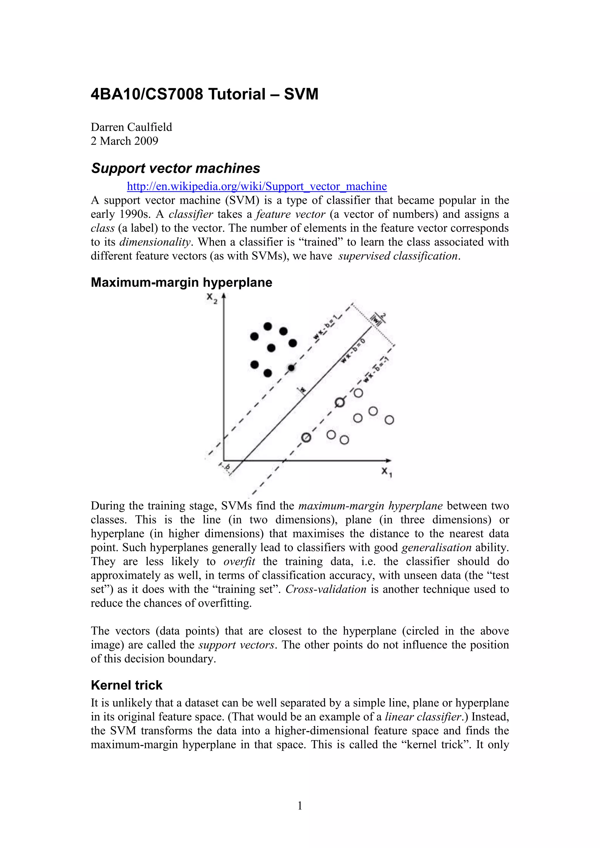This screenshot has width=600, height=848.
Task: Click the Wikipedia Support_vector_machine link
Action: pos(257,186)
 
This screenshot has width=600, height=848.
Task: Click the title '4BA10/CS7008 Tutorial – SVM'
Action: pos(204,94)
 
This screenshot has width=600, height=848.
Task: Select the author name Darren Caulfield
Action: pos(132,127)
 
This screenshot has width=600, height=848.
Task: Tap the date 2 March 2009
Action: pos(125,141)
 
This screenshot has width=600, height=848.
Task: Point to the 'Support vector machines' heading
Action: pos(175,168)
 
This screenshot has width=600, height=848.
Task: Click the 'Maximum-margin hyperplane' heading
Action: pos(181,282)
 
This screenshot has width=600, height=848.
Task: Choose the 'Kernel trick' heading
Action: pos(126,685)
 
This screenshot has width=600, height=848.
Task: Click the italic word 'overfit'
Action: pos(239,561)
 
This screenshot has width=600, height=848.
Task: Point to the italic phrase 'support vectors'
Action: pos(236,645)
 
